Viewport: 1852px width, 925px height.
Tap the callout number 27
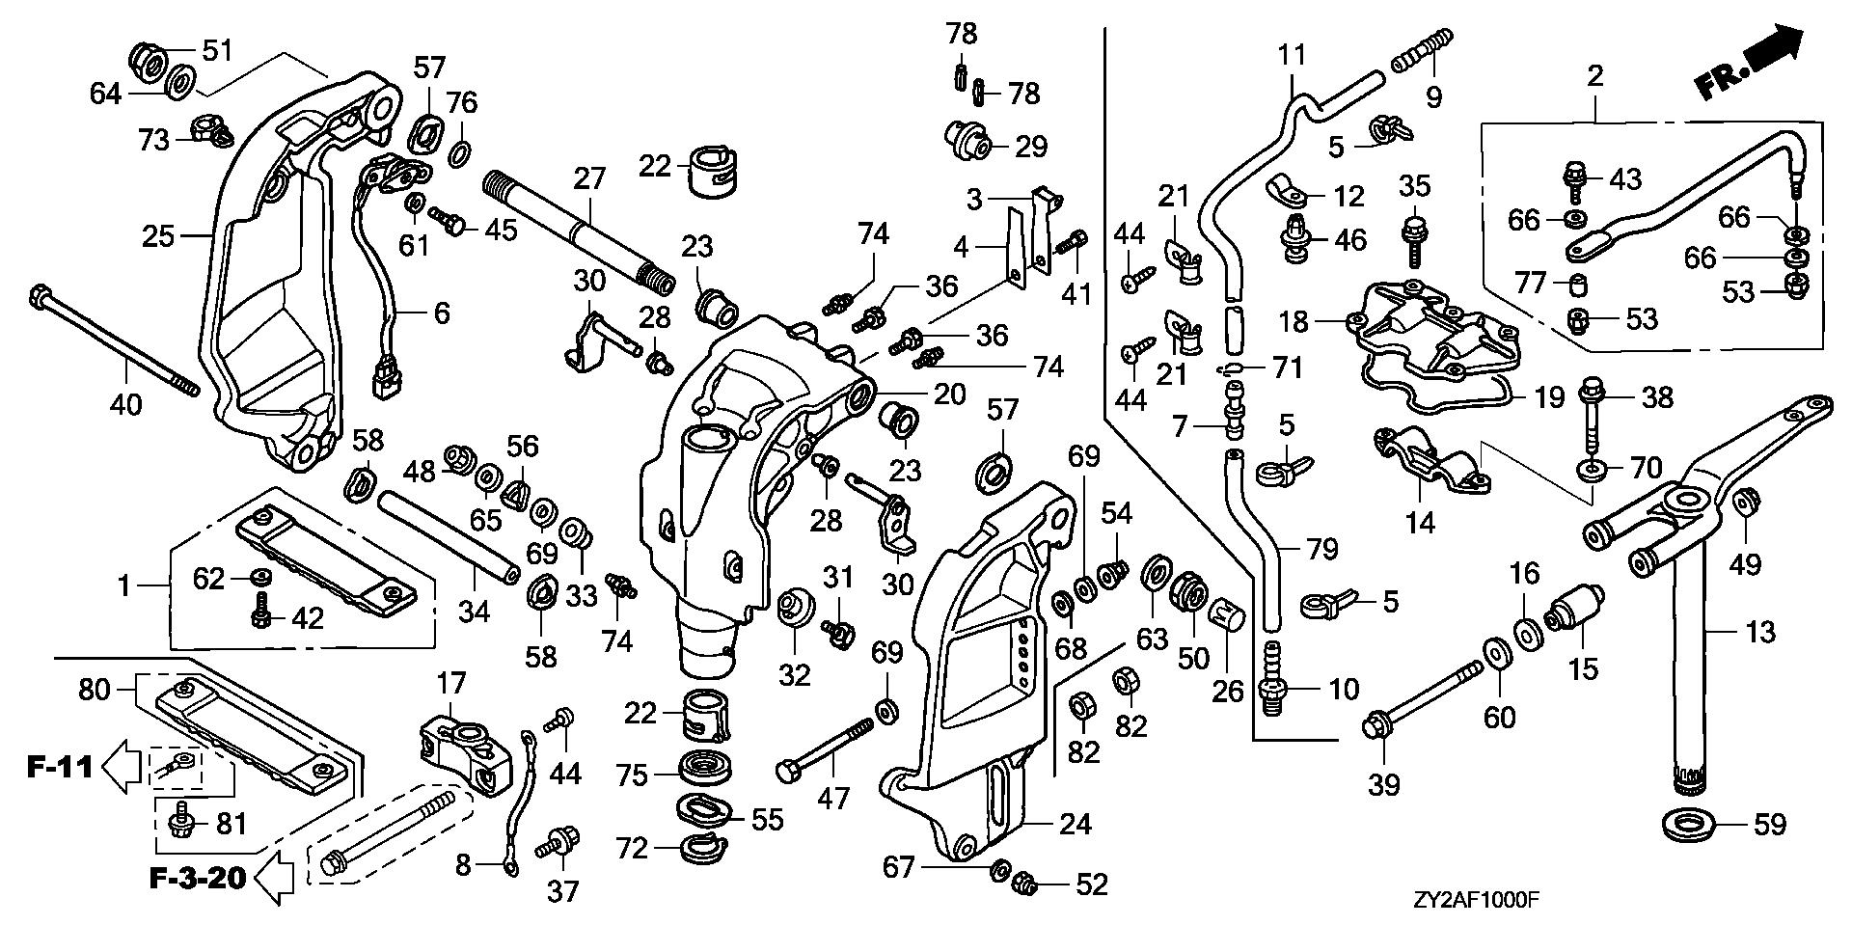[589, 178]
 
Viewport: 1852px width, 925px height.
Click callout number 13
[1760, 633]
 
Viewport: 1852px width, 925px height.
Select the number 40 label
[125, 403]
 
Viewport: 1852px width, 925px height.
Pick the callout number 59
[1767, 825]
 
